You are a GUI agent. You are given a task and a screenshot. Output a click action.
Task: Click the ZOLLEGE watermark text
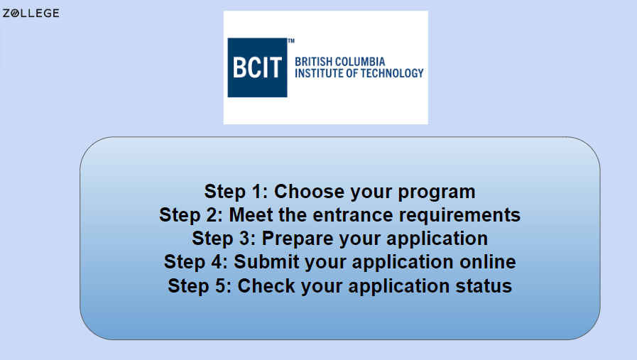31,13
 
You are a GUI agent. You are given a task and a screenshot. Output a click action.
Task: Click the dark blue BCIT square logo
256,67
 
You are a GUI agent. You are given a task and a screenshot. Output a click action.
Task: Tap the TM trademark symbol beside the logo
290,41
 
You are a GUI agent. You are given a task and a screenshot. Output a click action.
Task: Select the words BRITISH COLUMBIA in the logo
339,62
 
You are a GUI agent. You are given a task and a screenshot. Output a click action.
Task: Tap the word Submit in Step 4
267,262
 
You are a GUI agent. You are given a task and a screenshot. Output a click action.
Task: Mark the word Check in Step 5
266,286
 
